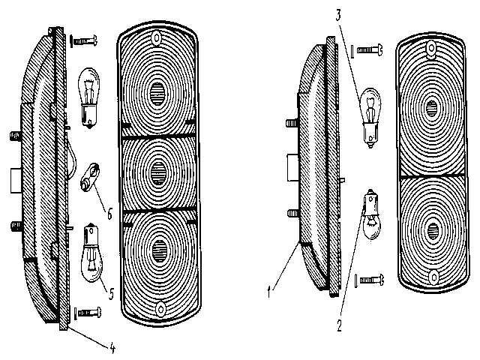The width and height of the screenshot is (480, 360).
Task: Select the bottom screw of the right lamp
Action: pos(369,280)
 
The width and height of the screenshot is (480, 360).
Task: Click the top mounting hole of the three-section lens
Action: pos(157,38)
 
